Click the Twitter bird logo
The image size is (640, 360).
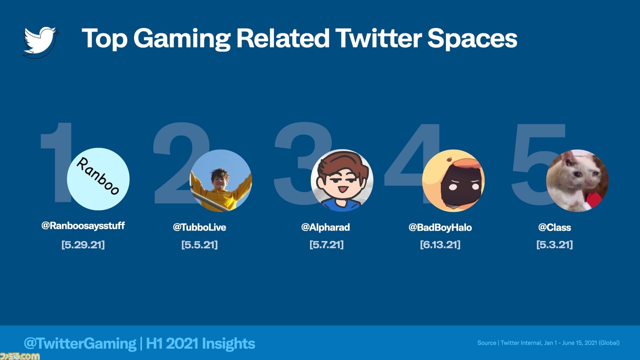coord(40,42)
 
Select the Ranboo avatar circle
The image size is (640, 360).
coord(98,179)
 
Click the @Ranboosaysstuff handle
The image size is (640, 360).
coord(83,225)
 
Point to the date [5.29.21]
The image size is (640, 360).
coord(83,244)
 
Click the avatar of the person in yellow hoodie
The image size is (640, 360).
coord(220,180)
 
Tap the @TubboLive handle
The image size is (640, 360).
coord(199,227)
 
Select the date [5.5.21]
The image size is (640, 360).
coord(199,244)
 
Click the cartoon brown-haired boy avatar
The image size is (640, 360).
coord(341,180)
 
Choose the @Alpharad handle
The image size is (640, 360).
coord(325,227)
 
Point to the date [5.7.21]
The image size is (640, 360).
coord(326,244)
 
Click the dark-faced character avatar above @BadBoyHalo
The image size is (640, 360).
coord(453,180)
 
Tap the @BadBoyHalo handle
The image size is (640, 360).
coord(440,227)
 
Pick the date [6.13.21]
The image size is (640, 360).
coord(440,244)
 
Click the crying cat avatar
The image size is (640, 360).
coord(577,180)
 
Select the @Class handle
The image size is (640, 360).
coord(554,227)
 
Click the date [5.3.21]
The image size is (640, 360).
coord(554,244)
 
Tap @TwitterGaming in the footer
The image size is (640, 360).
coord(80,343)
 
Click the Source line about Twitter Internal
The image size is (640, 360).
coord(548,343)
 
